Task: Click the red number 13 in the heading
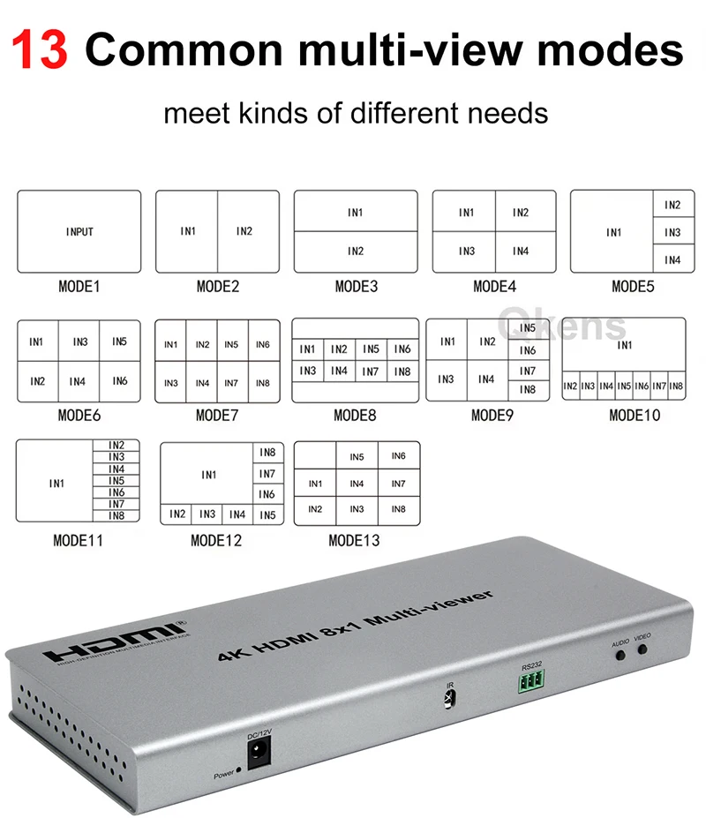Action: [x=40, y=49]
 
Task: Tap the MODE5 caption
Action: [x=633, y=287]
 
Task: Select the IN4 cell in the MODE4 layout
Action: [x=525, y=251]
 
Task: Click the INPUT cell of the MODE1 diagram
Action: [x=79, y=231]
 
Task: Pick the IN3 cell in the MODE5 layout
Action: [x=673, y=232]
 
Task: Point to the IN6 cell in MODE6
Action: [x=119, y=381]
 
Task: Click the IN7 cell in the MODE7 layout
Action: [x=232, y=383]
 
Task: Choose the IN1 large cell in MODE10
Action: [x=624, y=345]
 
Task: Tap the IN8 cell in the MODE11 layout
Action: [x=116, y=516]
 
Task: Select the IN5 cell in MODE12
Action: [x=267, y=515]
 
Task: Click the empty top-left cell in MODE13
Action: [x=315, y=455]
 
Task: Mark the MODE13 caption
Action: [x=354, y=540]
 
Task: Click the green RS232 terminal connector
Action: [x=531, y=681]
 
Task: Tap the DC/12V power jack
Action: [x=259, y=753]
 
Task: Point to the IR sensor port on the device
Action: [x=449, y=698]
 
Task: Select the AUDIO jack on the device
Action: [x=620, y=655]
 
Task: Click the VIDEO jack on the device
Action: [x=642, y=649]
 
